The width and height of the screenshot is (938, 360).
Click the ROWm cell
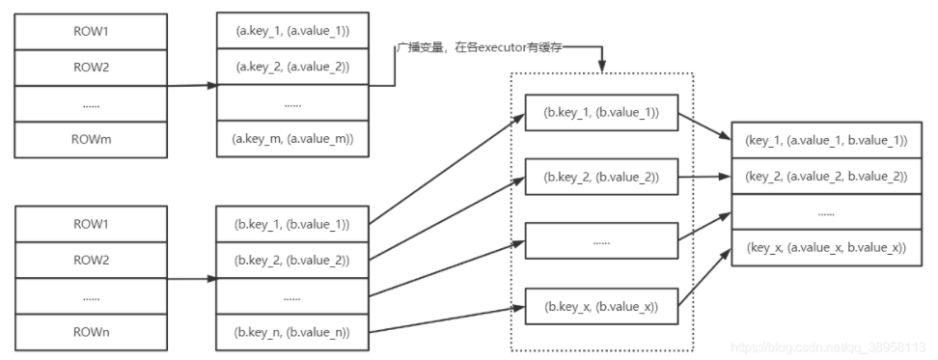tap(93, 138)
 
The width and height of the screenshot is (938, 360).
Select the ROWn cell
tap(93, 333)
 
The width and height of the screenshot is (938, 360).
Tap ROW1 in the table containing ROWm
tap(93, 32)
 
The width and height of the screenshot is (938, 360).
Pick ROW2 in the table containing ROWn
tap(93, 260)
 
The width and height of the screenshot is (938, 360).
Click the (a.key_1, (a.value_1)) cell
tap(292, 32)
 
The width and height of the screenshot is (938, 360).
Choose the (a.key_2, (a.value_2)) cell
tap(292, 68)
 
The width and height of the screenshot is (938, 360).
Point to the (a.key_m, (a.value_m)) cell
tap(292, 138)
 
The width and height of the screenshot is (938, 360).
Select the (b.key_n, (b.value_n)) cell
tap(292, 333)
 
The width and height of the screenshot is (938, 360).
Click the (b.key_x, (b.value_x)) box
tap(600, 307)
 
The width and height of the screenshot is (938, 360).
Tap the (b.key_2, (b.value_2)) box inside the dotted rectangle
tap(600, 176)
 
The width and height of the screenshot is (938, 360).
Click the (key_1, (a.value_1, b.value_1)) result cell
tap(825, 141)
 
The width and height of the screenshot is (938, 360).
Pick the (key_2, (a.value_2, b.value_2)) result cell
tap(825, 176)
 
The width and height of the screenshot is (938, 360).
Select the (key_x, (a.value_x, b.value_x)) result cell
tap(825, 247)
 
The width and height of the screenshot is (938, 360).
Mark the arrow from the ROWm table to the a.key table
tap(193, 86)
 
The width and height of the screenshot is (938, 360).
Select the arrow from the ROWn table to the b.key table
tap(193, 279)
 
